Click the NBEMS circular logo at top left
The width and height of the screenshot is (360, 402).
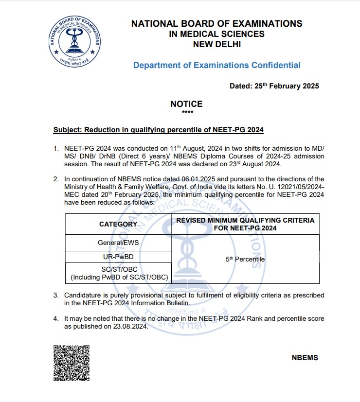click(75, 43)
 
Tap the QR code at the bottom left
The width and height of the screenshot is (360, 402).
click(71, 364)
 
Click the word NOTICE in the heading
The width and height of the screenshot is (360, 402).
click(186, 104)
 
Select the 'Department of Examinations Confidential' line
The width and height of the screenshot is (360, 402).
click(216, 65)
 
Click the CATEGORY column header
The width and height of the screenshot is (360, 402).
click(118, 224)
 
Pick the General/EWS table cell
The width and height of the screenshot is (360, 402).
click(118, 242)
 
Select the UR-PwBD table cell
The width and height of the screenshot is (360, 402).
click(118, 256)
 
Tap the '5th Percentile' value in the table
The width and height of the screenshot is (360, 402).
click(245, 259)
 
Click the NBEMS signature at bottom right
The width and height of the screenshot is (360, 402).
click(305, 358)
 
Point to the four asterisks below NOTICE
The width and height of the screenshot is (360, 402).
click(187, 113)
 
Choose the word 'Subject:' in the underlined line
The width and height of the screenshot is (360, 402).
click(67, 130)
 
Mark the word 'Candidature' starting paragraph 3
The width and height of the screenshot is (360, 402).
click(84, 295)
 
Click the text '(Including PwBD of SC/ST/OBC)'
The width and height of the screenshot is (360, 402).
click(119, 278)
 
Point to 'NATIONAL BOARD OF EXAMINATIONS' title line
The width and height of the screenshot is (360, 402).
click(217, 23)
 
